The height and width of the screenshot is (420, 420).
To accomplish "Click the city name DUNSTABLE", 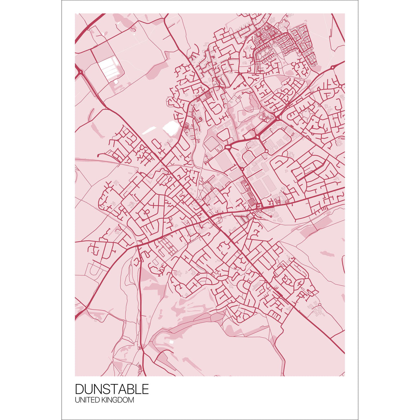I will [112, 389].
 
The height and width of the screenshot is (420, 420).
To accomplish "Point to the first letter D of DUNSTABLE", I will [79, 389].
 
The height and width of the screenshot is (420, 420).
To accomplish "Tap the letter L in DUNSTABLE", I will [137, 389].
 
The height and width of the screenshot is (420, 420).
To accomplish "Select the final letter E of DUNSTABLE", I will [145, 389].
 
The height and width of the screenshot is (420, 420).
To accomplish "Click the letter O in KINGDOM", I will [125, 400].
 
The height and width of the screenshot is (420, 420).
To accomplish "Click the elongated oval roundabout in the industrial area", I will [229, 147].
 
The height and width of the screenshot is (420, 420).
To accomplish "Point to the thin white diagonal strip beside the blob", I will [148, 131].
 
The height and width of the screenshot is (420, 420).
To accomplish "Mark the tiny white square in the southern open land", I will [171, 342].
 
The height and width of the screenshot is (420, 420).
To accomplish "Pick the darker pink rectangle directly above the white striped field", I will [103, 53].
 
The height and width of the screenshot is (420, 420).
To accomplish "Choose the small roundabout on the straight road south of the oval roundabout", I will [242, 169].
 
